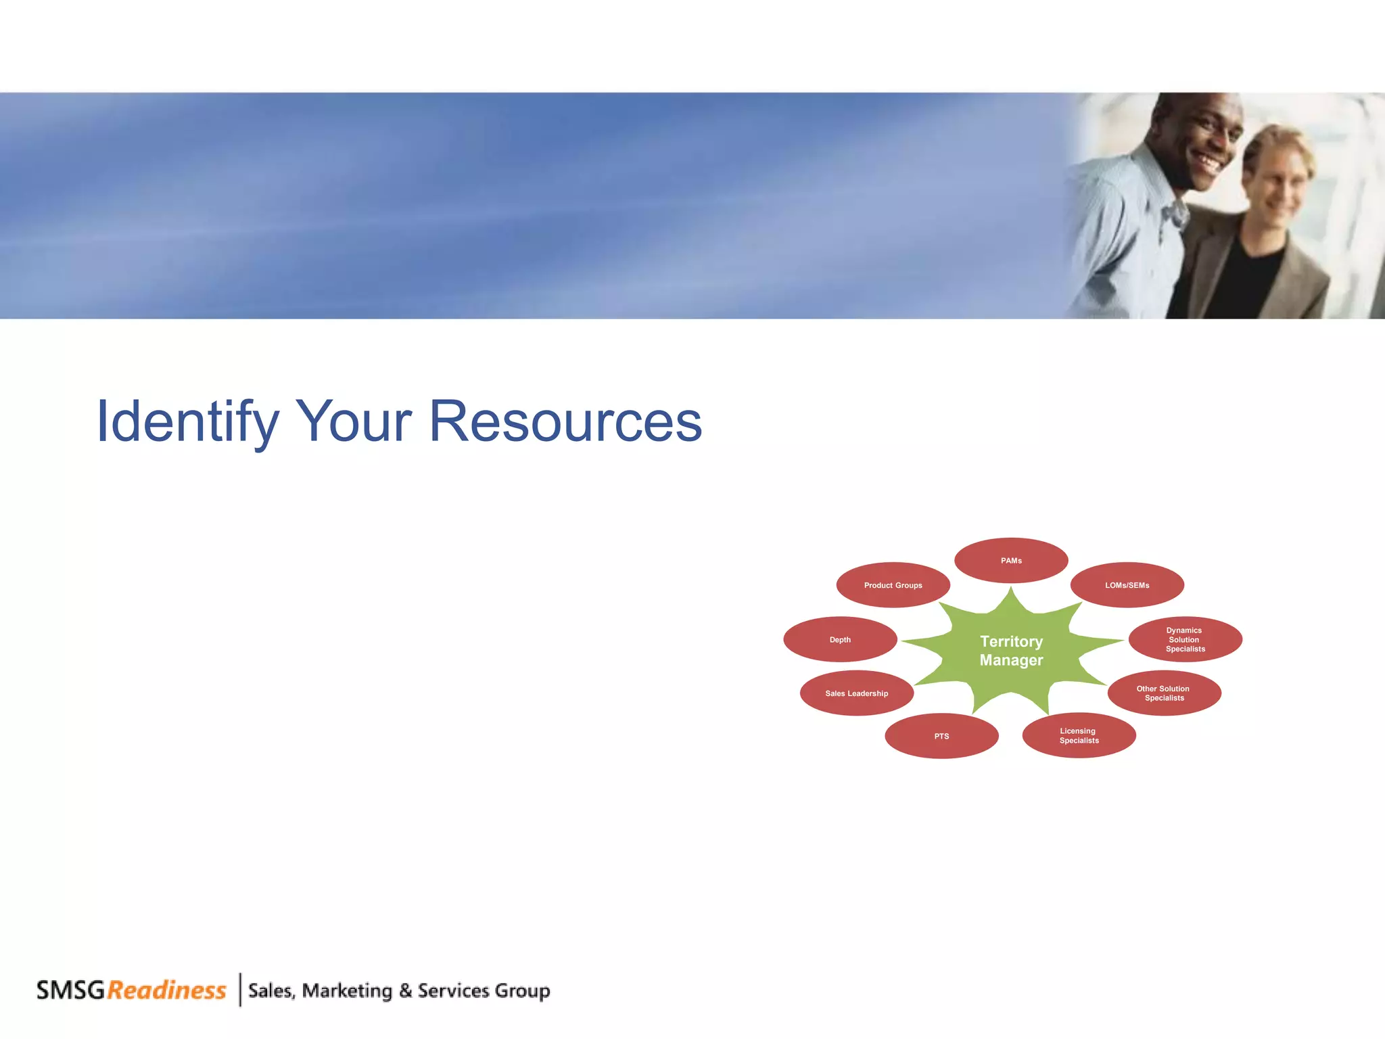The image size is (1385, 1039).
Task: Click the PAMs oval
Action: click(x=1011, y=560)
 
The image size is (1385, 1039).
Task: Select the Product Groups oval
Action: click(x=893, y=585)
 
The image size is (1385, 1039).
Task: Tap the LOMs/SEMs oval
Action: click(x=1127, y=585)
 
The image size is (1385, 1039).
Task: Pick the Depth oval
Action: click(x=840, y=639)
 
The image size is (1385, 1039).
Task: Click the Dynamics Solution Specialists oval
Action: click(x=1185, y=639)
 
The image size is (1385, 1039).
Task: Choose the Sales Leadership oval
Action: click(x=856, y=693)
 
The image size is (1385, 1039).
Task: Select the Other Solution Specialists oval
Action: click(x=1164, y=693)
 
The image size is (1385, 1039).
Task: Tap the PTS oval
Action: click(x=941, y=736)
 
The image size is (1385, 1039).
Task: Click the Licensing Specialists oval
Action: click(x=1079, y=735)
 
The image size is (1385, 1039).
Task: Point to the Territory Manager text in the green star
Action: click(x=1011, y=650)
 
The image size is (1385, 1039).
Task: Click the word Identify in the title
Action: click(x=187, y=422)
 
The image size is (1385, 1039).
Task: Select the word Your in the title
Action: click(x=354, y=422)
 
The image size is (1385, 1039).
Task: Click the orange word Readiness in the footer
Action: click(x=166, y=990)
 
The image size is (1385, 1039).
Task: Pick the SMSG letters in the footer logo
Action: click(x=70, y=990)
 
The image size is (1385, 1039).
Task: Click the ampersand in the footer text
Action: click(x=405, y=991)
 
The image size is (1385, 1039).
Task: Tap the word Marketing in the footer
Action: click(x=347, y=991)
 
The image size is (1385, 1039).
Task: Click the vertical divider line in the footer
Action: click(x=240, y=990)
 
